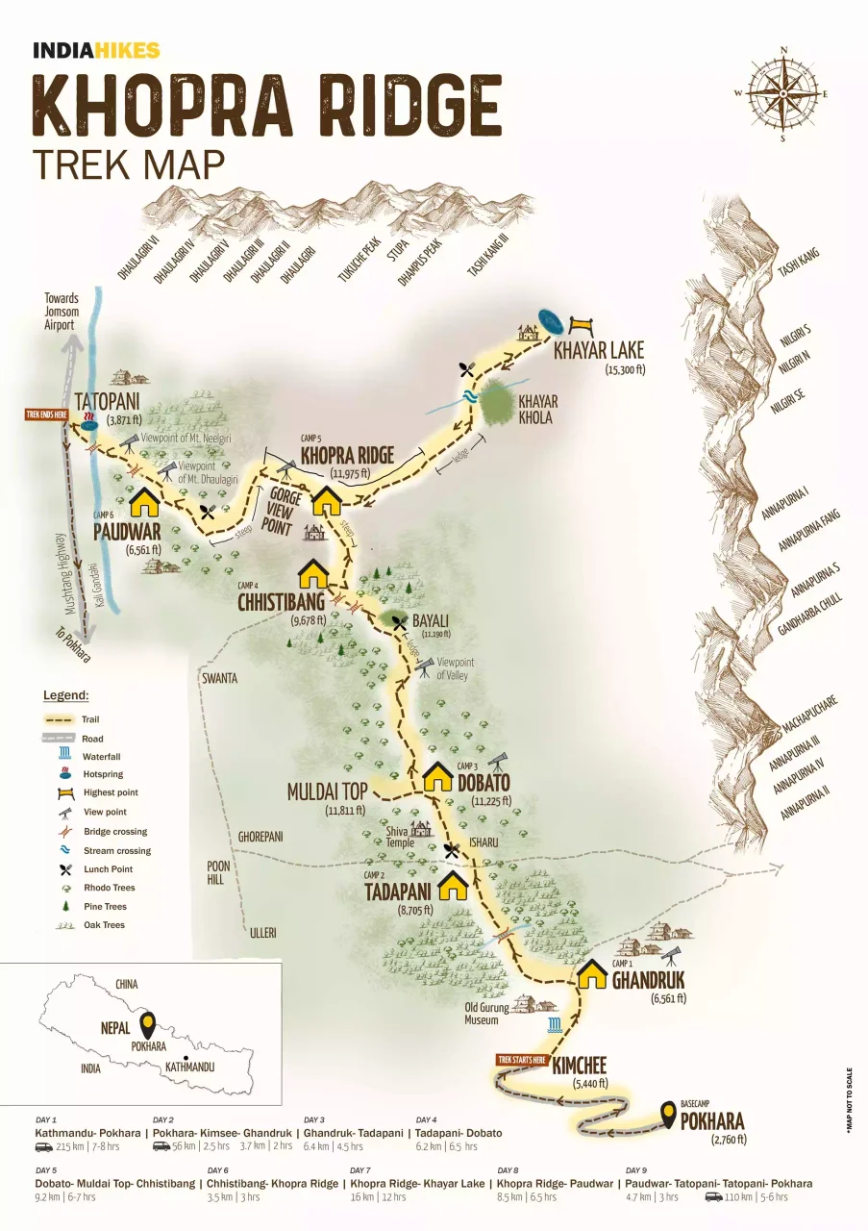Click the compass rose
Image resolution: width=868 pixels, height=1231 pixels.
click(783, 92)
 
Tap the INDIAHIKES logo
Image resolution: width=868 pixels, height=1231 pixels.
click(96, 51)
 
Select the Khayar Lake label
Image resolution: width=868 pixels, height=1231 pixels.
click(598, 350)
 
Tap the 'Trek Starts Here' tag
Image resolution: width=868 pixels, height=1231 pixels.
click(521, 1059)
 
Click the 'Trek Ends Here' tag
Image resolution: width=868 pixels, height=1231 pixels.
click(46, 415)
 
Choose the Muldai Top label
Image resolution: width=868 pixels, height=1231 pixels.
click(327, 791)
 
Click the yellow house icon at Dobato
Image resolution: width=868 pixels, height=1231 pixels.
click(438, 776)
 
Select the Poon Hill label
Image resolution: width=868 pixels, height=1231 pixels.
click(219, 871)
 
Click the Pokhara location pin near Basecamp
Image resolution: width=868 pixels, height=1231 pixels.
click(667, 1116)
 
